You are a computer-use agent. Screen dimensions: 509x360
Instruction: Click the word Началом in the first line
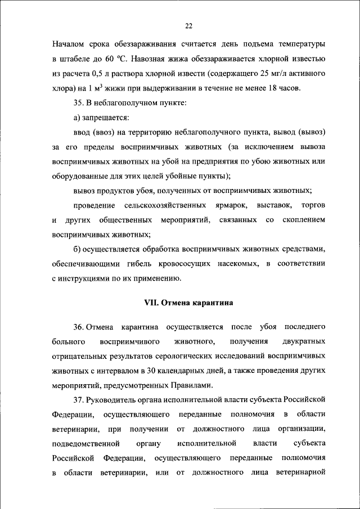coord(70,44)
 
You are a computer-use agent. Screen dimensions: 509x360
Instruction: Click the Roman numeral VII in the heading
coord(152,302)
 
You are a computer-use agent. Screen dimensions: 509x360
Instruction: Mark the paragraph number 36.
coord(79,327)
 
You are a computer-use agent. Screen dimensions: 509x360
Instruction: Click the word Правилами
coord(191,385)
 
